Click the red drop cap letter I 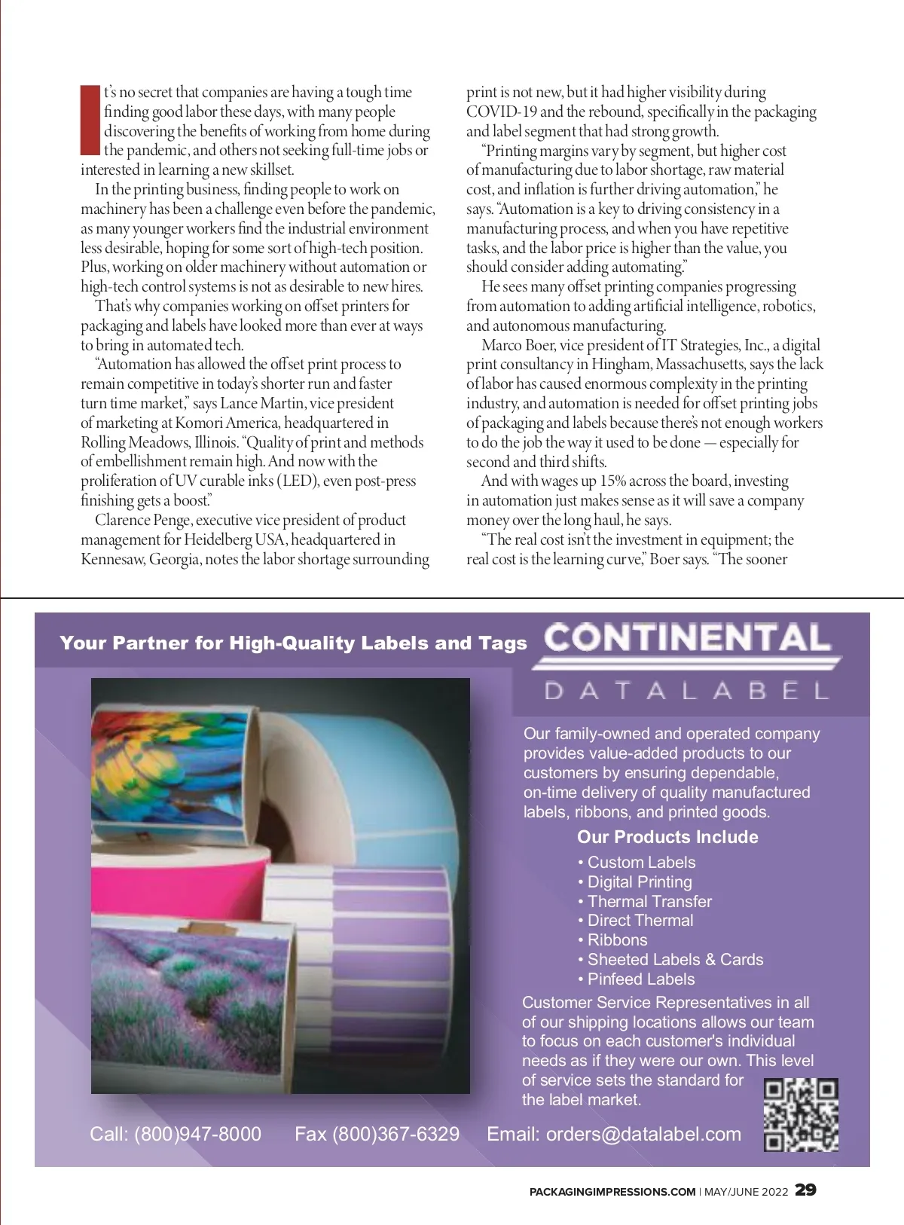pos(90,121)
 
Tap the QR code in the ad pos(801,1115)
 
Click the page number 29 pos(806,1190)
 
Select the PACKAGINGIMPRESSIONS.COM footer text pos(612,1192)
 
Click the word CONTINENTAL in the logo pos(687,638)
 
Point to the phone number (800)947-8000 pos(197,1134)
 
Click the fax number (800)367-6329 pos(395,1134)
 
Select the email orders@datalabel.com pos(643,1134)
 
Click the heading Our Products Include pos(667,837)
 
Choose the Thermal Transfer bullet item pos(649,901)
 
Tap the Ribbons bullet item pos(617,940)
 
